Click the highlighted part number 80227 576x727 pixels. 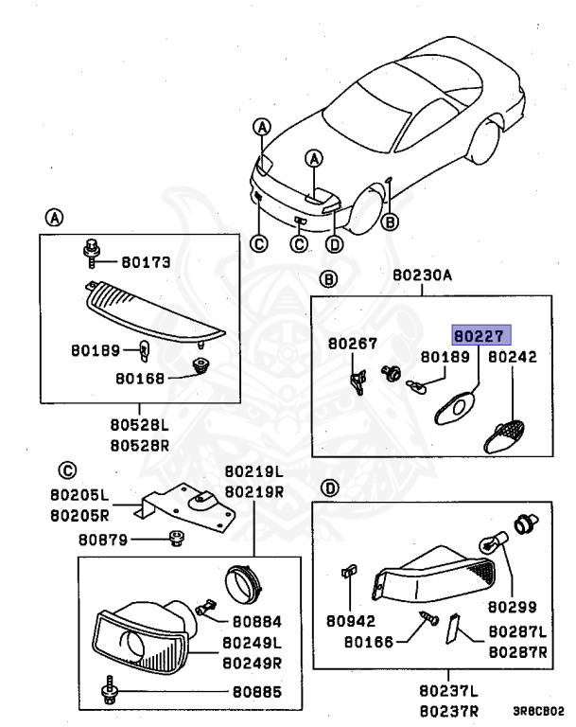click(x=480, y=334)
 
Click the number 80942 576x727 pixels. click(x=350, y=622)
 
